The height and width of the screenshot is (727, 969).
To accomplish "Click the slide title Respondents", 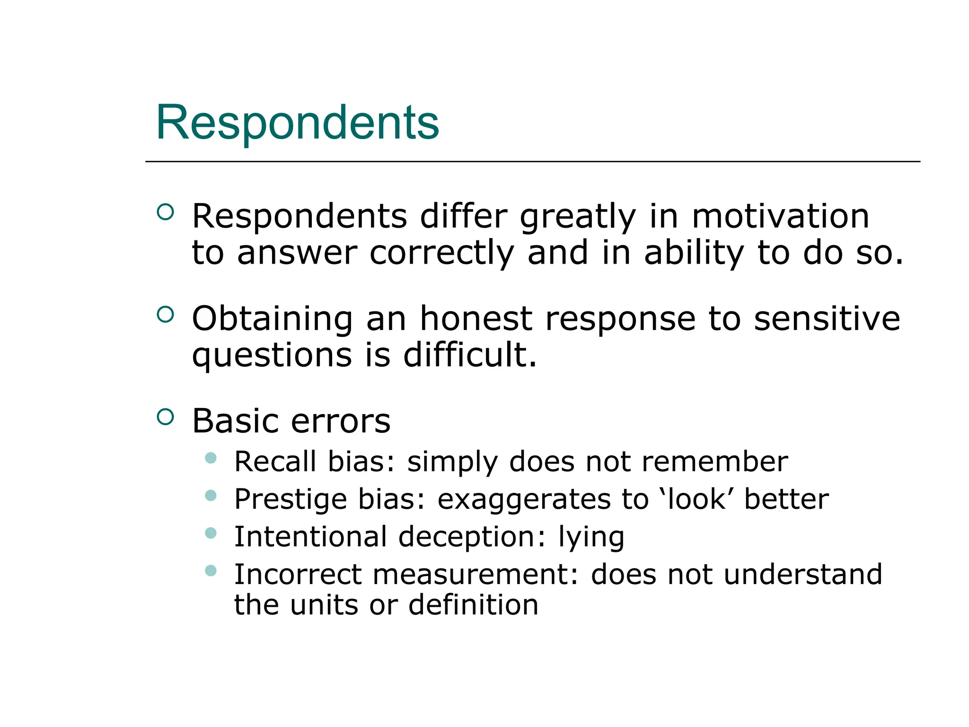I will (x=297, y=123).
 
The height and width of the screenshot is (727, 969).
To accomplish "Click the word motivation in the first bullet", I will (x=780, y=216).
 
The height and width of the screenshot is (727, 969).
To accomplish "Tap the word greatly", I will (x=578, y=217).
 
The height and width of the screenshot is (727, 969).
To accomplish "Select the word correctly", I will (x=441, y=253).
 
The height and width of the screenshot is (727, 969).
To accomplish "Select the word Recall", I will (x=275, y=461).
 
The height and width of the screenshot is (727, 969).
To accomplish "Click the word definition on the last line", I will (x=473, y=605).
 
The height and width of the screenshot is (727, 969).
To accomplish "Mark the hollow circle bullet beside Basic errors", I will (x=165, y=417).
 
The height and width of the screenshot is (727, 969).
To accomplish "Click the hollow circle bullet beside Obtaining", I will (x=165, y=314).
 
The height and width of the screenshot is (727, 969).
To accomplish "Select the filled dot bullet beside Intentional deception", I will (x=211, y=533).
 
